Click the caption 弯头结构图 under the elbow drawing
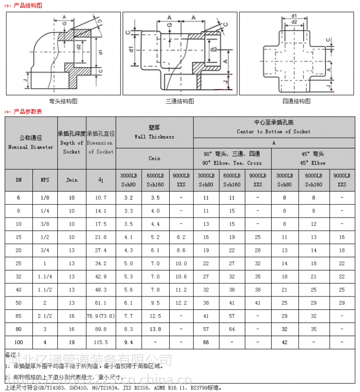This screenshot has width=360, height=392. (63, 101)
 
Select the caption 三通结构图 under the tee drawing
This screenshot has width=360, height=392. (180, 101)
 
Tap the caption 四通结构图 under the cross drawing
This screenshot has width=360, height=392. (296, 101)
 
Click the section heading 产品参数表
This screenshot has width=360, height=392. (27, 112)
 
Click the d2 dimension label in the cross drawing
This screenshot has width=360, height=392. (294, 22)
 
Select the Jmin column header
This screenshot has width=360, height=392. (72, 180)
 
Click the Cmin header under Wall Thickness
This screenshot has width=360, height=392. (154, 158)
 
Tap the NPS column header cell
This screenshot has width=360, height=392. (45, 180)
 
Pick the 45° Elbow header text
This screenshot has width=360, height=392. (313, 163)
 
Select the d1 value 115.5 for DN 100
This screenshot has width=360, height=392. (101, 342)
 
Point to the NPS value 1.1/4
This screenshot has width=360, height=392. (45, 276)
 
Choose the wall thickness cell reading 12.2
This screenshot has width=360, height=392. (181, 303)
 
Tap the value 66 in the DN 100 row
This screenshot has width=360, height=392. (206, 342)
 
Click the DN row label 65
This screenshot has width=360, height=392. (19, 316)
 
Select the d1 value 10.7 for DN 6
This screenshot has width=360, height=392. (101, 197)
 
